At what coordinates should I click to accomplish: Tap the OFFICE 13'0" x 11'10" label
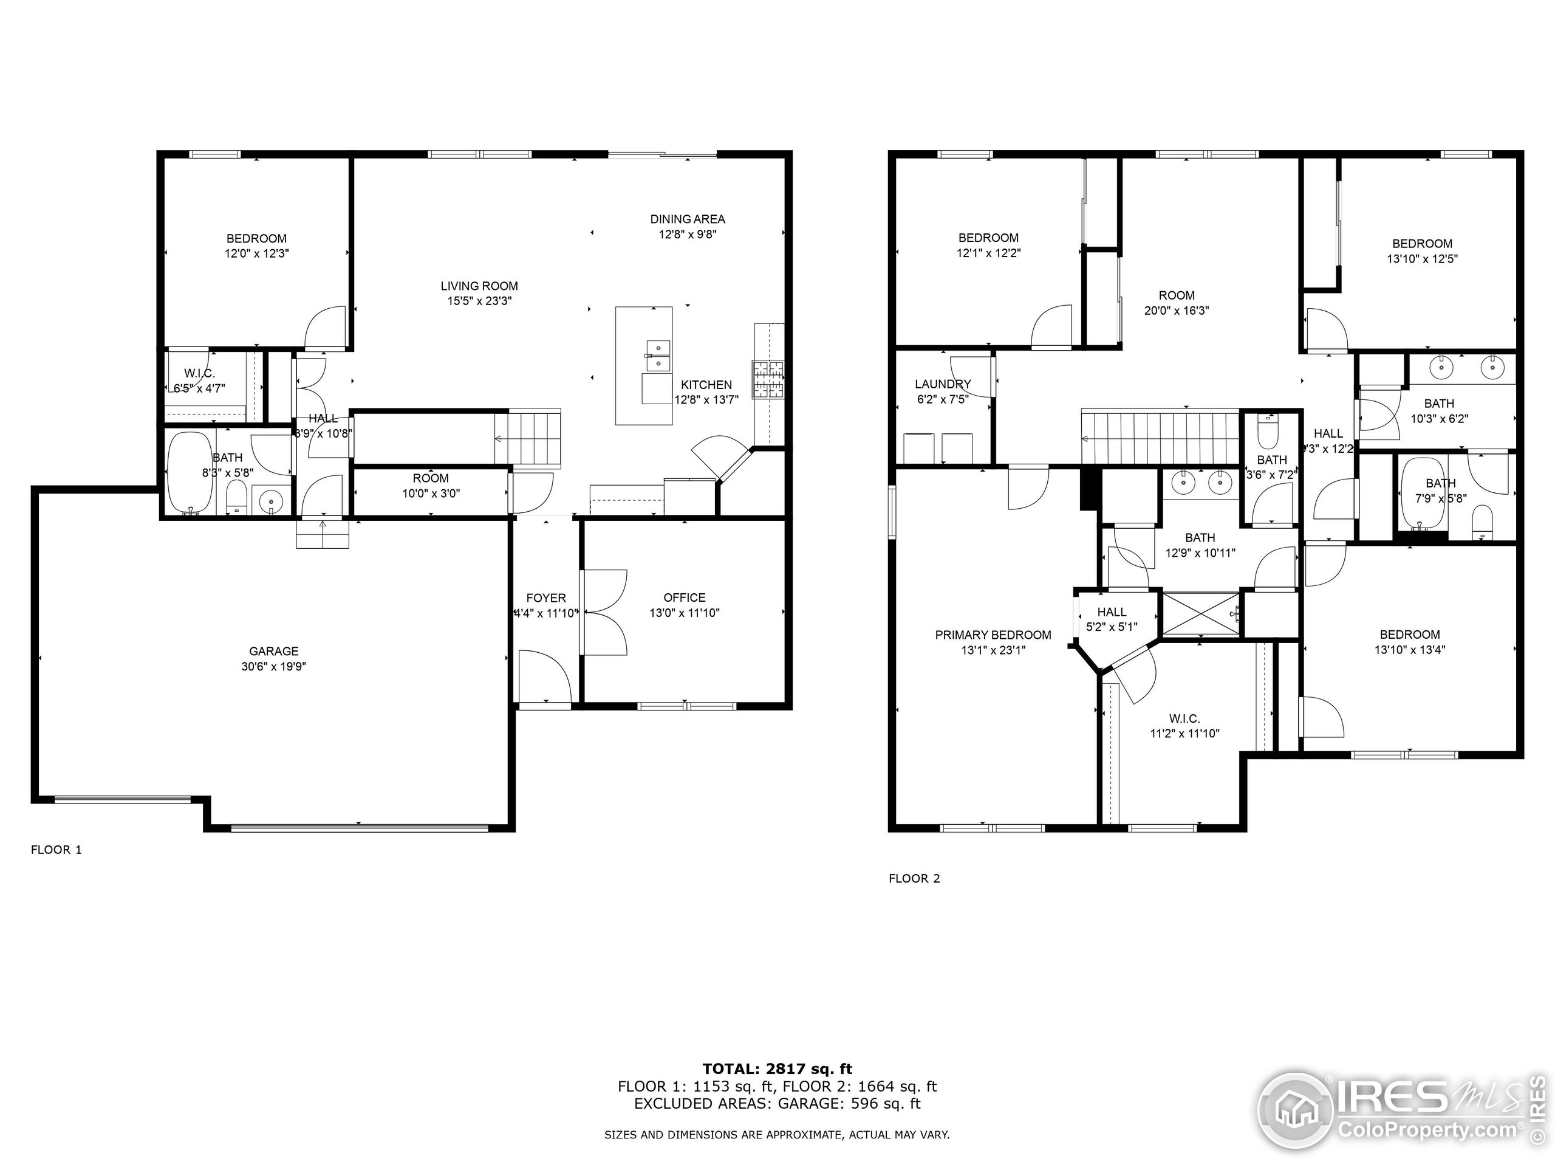coord(684,605)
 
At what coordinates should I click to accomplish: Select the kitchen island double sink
coord(658,354)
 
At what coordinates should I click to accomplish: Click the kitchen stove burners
coord(769,380)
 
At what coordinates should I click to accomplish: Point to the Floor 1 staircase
coord(528,438)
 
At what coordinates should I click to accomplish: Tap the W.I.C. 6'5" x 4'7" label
coord(200,380)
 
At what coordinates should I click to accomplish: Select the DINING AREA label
coord(687,227)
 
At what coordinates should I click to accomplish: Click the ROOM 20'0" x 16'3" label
coord(1176,303)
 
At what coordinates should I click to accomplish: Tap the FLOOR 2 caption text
coord(914,878)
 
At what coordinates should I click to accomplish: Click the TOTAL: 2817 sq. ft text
coord(777,1069)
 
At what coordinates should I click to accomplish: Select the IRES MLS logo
coord(1399,1112)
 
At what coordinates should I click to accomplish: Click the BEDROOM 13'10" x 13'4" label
coord(1409,641)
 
